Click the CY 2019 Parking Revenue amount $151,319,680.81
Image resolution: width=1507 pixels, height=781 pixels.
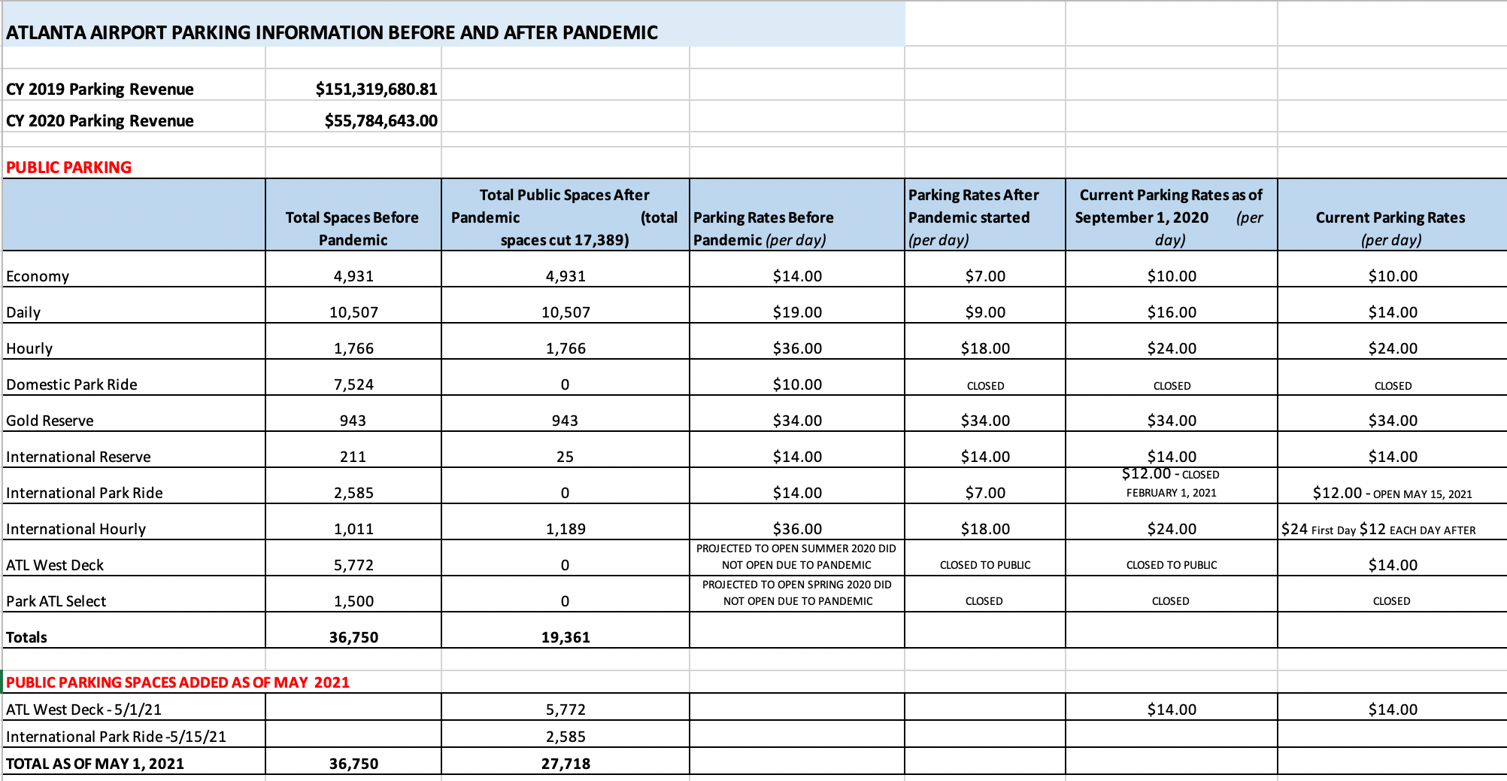(376, 90)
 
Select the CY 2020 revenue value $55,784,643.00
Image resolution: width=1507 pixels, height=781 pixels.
(381, 121)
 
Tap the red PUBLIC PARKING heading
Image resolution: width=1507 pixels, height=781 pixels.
(68, 168)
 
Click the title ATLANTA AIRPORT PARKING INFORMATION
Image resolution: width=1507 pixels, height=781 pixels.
(332, 32)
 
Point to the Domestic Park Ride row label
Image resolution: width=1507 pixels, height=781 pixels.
(71, 384)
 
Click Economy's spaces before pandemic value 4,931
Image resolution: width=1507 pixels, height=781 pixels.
(353, 276)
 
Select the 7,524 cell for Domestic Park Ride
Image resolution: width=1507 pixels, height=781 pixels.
(353, 384)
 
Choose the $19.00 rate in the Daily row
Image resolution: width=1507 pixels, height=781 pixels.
(797, 312)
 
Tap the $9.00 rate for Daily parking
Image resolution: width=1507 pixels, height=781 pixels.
(985, 312)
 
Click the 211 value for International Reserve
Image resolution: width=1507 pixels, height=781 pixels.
(353, 457)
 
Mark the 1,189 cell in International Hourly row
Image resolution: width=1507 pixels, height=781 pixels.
(566, 529)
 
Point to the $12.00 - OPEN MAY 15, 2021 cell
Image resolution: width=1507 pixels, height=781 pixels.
(1392, 493)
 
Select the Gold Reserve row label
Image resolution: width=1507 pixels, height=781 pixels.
(50, 421)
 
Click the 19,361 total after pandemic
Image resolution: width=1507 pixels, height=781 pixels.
(566, 637)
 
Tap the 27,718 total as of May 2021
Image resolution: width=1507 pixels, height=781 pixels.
(566, 764)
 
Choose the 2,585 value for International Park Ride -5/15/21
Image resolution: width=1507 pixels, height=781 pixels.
(566, 737)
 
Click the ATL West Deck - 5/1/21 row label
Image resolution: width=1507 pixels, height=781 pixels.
(83, 710)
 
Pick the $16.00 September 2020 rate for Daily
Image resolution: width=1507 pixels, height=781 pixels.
(1172, 312)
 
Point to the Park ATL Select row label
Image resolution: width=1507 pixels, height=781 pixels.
(56, 601)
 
